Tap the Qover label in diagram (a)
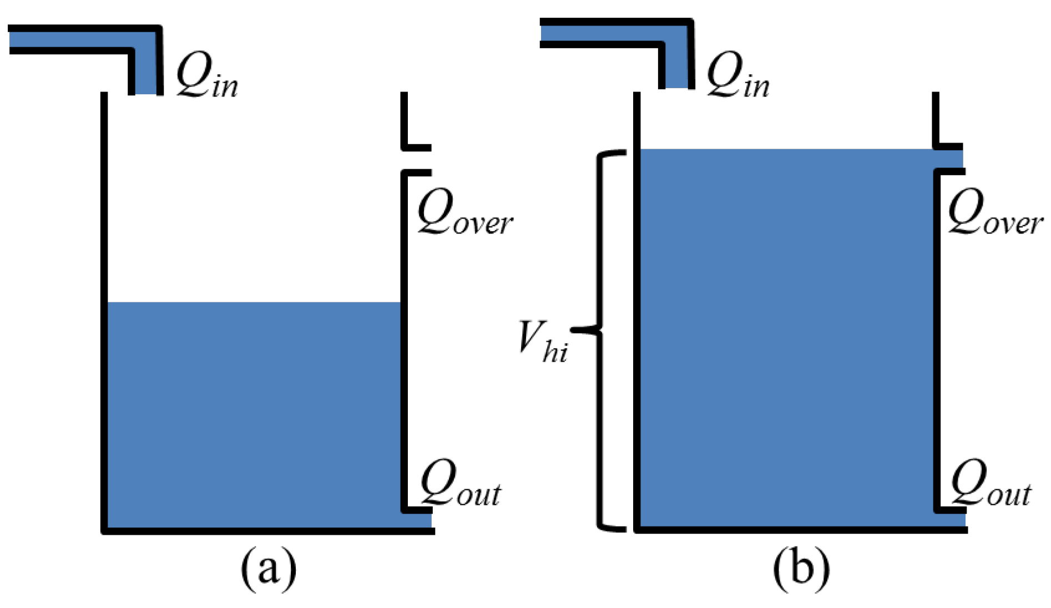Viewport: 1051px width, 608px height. point(464,214)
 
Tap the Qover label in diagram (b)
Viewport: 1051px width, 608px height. point(994,214)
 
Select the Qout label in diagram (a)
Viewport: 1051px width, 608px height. point(459,484)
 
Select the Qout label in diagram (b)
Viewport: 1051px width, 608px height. point(990,484)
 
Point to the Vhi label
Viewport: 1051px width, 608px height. point(542,342)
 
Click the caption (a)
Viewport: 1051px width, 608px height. point(268,568)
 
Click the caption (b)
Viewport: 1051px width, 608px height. point(801,568)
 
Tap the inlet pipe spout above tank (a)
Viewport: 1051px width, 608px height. point(146,72)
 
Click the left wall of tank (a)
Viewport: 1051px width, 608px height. point(104,311)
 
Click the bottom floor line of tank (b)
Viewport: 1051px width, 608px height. point(799,530)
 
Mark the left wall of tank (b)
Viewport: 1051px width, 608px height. point(636,311)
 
